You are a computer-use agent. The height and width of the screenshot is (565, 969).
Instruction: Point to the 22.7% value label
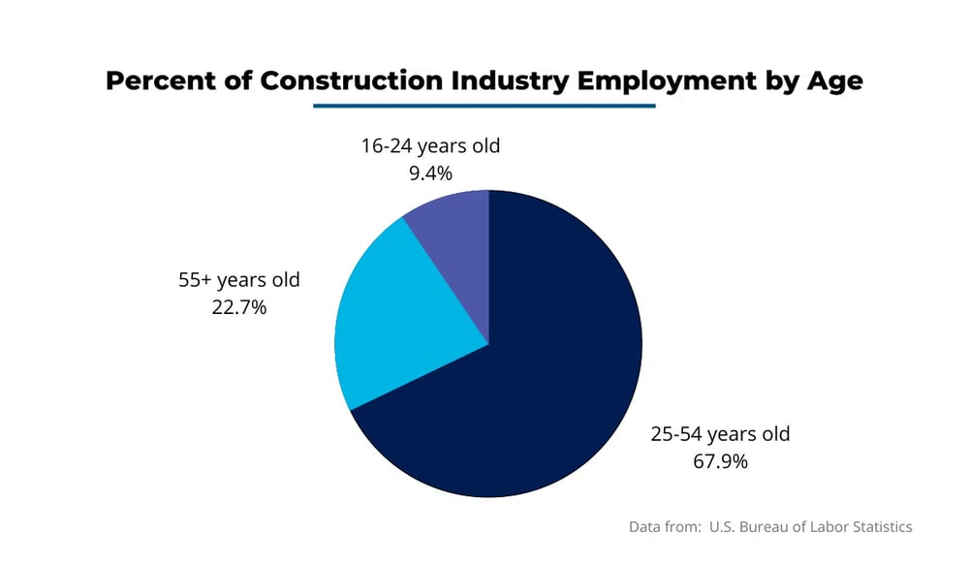238,307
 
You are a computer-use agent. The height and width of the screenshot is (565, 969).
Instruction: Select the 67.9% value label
720,460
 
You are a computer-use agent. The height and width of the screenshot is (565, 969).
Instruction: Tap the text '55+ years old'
238,280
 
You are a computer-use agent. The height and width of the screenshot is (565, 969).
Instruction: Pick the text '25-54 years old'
720,433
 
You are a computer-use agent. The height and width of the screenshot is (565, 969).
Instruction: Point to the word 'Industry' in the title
510,80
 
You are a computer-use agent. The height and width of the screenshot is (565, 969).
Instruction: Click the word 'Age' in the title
834,80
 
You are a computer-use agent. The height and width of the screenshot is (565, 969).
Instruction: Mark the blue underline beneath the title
484,106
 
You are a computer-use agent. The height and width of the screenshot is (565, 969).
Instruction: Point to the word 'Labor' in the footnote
823,527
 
